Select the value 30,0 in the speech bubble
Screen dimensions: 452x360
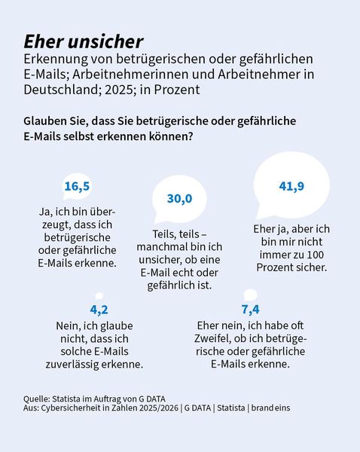179,198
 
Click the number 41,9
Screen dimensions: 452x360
290,186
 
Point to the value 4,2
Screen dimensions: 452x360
99,310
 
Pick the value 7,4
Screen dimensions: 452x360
250,310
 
